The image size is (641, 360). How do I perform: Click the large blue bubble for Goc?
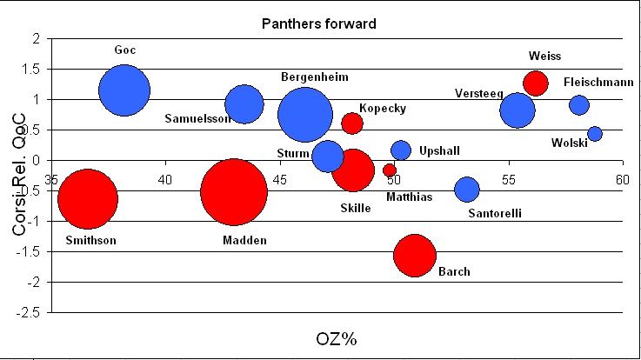124,90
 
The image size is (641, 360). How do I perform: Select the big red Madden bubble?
233,192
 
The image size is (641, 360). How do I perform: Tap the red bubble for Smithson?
87,199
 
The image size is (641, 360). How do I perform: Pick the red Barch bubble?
414,256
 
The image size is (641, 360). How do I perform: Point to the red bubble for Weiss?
536,83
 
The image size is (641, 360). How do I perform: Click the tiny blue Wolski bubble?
595,134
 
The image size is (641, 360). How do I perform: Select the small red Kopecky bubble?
352,123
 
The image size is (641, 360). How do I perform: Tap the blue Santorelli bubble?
467,190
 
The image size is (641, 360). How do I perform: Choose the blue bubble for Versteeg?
517,110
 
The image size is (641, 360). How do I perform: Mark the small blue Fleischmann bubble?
579,105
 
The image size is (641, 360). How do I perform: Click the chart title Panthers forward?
319,23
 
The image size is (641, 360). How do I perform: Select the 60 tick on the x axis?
621,178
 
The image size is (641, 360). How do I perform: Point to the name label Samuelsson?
197,118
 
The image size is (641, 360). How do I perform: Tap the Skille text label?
356,208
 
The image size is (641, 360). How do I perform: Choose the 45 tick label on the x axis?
279,179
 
